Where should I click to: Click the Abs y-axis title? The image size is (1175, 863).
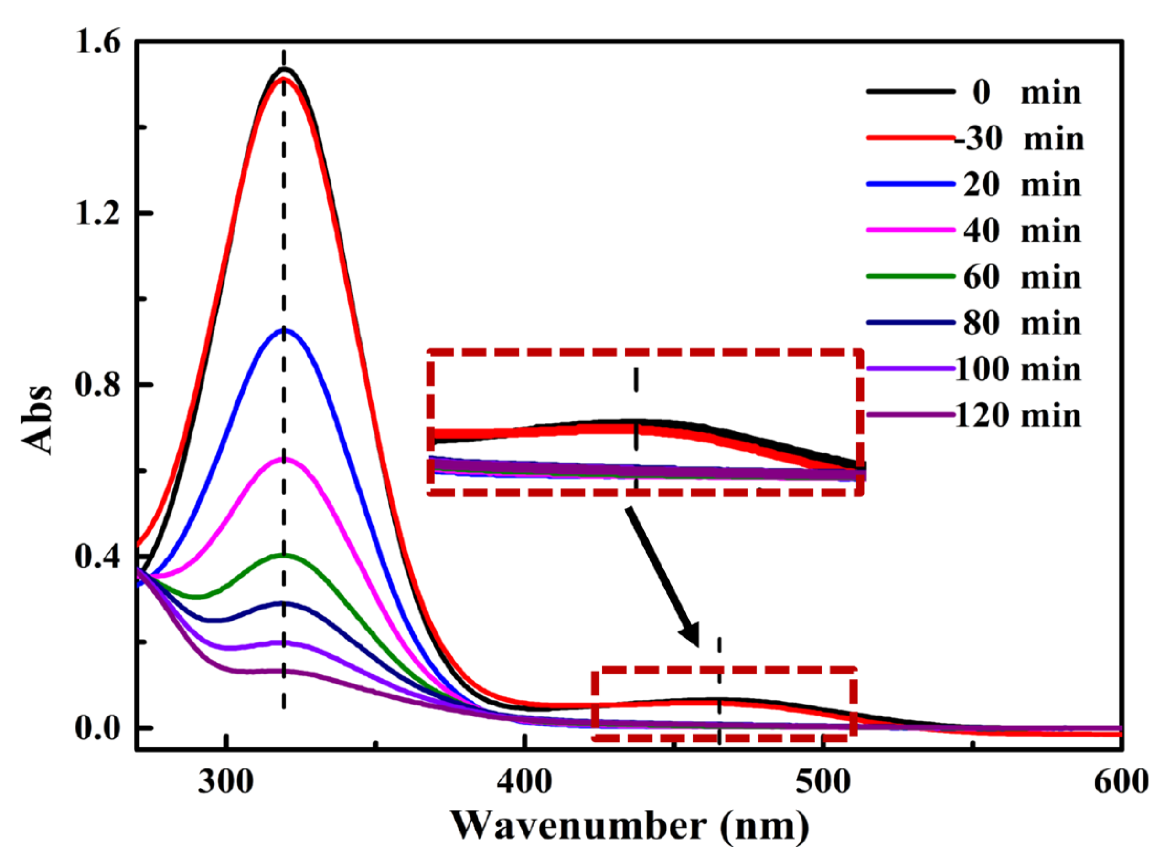pyautogui.click(x=38, y=420)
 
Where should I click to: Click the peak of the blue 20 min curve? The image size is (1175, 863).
pyautogui.click(x=284, y=330)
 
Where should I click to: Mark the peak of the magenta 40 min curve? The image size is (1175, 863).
pyautogui.click(x=284, y=459)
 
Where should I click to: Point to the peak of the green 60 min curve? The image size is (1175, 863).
pyautogui.click(x=284, y=555)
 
